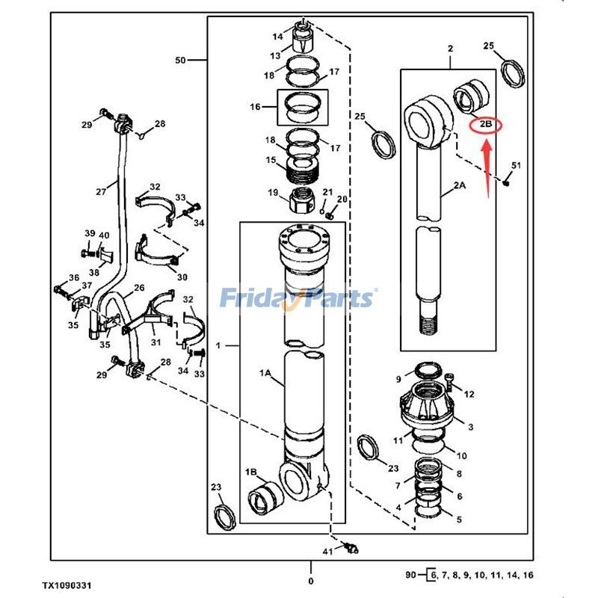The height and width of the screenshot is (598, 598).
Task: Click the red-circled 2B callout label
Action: (485, 126)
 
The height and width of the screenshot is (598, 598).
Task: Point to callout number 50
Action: (180, 59)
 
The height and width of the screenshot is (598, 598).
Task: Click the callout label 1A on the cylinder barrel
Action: (265, 372)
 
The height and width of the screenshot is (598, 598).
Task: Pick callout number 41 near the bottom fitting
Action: (327, 552)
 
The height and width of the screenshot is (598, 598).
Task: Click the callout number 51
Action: (516, 165)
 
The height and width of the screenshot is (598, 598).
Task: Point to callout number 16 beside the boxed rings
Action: (256, 107)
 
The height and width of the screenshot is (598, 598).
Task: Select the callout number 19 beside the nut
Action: (274, 193)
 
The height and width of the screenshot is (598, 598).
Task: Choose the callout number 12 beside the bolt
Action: (469, 394)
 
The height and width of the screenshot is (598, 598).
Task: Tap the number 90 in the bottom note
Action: (410, 575)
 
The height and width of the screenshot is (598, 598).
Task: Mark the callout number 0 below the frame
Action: (312, 581)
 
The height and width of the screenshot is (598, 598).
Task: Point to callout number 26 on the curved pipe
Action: (139, 288)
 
